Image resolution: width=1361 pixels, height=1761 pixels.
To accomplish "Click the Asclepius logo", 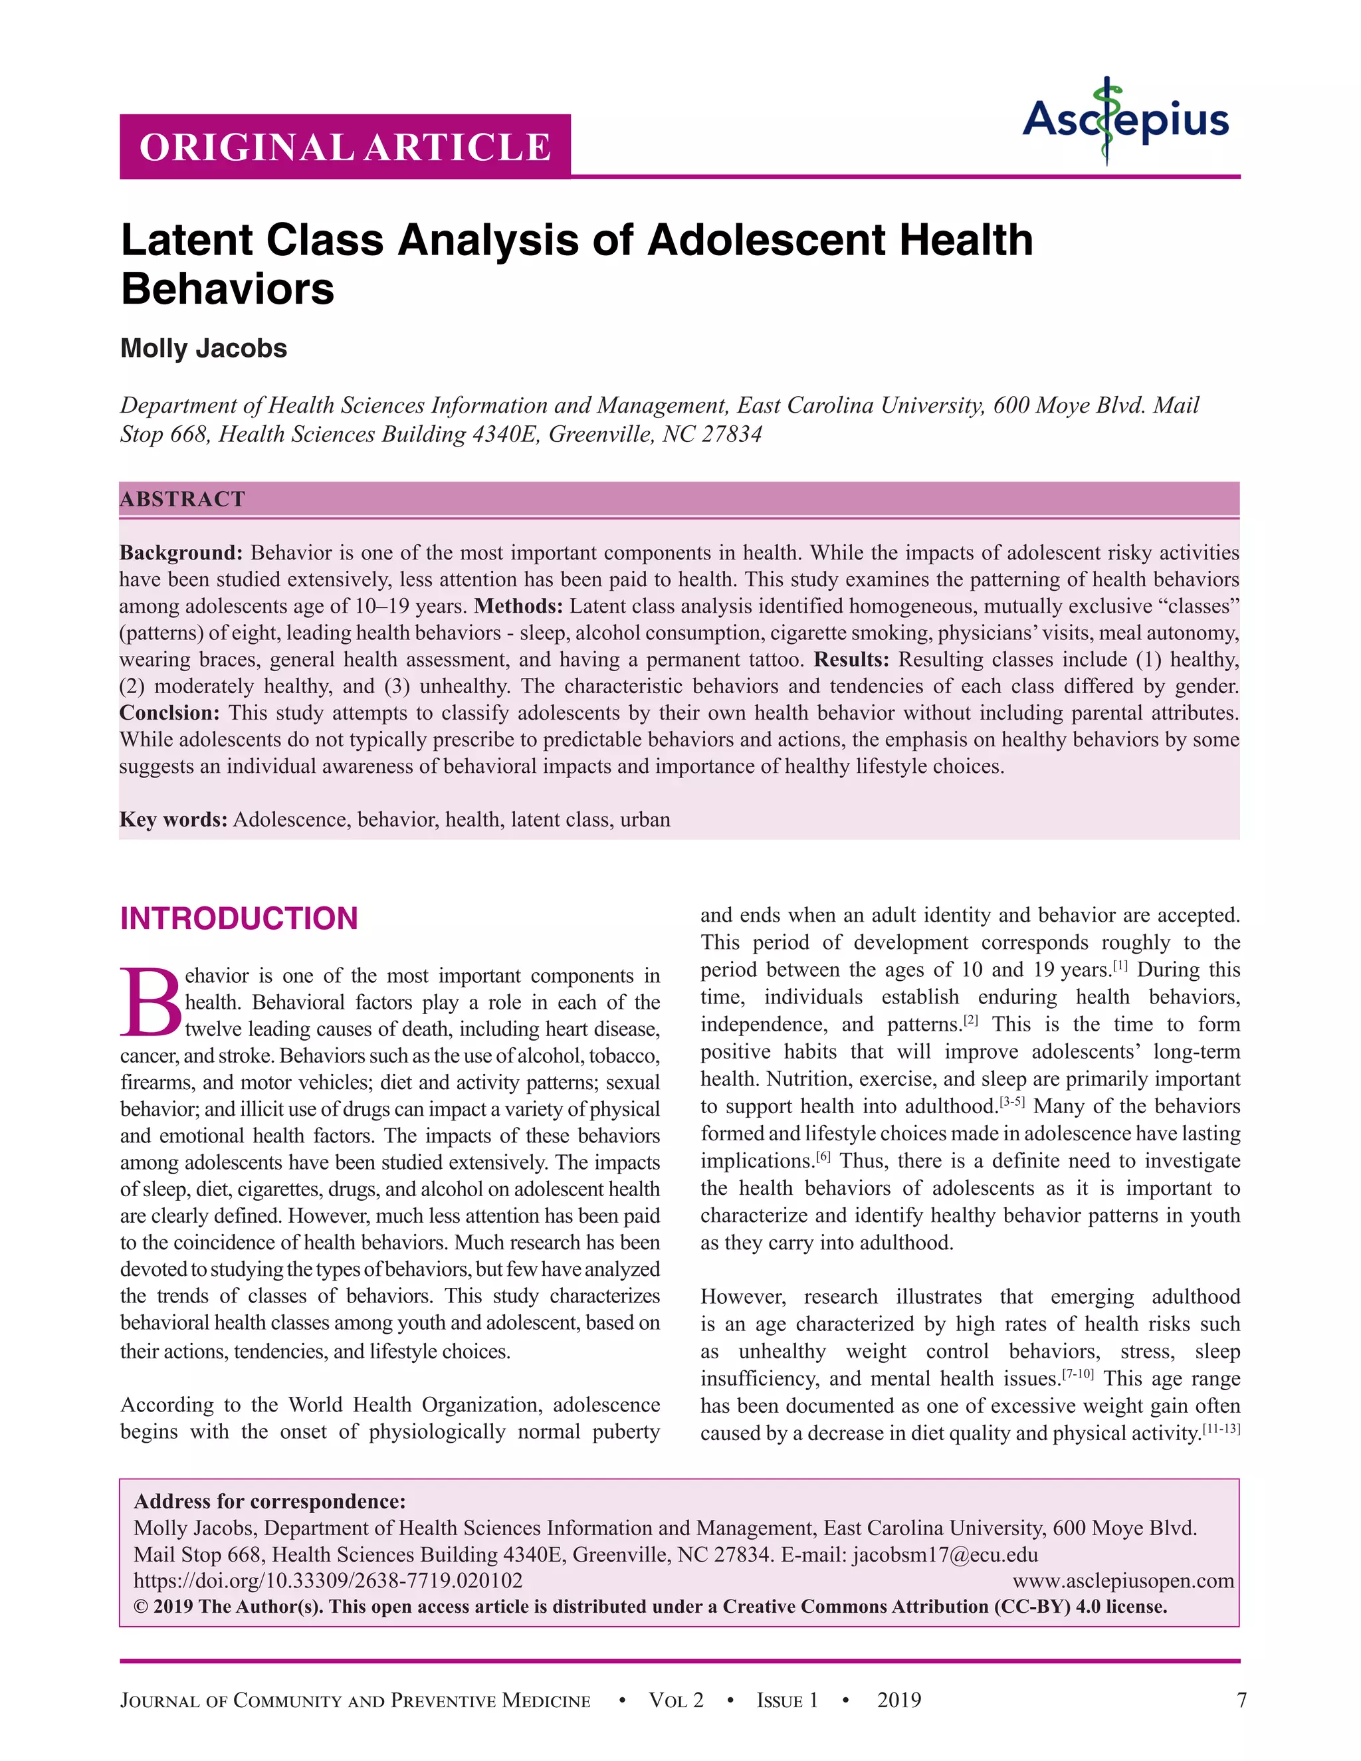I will [1126, 121].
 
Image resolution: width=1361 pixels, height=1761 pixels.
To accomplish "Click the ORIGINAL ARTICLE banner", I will [345, 147].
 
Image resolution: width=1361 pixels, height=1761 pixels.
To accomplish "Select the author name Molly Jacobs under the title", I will [203, 348].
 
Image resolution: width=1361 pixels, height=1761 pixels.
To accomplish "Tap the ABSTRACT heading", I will [182, 499].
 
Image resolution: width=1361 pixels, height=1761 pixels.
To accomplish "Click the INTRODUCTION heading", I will [239, 918].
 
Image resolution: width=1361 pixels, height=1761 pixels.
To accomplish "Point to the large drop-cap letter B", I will [151, 1002].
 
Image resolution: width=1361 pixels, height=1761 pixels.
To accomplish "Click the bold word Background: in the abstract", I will [181, 552].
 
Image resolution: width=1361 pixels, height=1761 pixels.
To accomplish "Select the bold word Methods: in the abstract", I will [518, 605].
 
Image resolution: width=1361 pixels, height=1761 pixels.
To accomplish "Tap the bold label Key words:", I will [173, 819].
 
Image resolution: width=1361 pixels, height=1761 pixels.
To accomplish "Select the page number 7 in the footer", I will [1241, 1701].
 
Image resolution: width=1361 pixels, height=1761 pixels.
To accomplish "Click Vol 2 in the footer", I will [676, 1701].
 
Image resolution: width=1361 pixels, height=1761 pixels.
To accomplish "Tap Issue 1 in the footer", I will [787, 1701].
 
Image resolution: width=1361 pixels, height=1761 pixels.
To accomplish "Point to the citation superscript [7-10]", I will [1077, 1373].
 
